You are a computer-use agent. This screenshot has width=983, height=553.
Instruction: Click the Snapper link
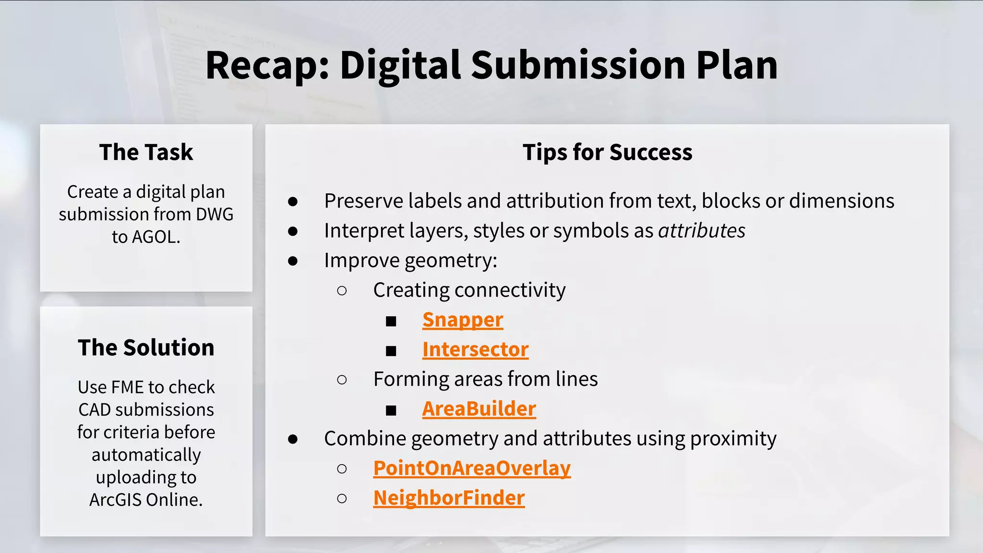point(462,320)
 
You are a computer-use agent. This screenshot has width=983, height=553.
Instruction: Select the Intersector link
point(475,349)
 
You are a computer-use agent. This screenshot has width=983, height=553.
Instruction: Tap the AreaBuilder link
point(479,409)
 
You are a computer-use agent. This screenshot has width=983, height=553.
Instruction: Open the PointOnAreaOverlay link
point(472,469)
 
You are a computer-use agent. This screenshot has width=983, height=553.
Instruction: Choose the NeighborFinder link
point(449,498)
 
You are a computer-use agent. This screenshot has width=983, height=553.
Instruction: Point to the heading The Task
point(146,152)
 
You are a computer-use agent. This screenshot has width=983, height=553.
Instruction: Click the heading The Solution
point(146,348)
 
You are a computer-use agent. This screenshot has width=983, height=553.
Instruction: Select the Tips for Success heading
point(607,152)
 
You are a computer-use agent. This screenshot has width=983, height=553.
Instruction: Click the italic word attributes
point(701,231)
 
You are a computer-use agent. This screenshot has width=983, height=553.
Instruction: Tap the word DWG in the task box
point(214,215)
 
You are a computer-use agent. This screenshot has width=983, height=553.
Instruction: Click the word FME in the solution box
point(127,387)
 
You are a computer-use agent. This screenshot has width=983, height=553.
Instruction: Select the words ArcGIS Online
point(146,500)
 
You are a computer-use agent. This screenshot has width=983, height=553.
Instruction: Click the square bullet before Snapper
point(391,321)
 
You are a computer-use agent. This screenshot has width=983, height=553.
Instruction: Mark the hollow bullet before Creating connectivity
point(342,290)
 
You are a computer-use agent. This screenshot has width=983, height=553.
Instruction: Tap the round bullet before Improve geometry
point(293,261)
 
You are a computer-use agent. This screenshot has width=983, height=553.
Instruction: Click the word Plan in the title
point(737,66)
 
